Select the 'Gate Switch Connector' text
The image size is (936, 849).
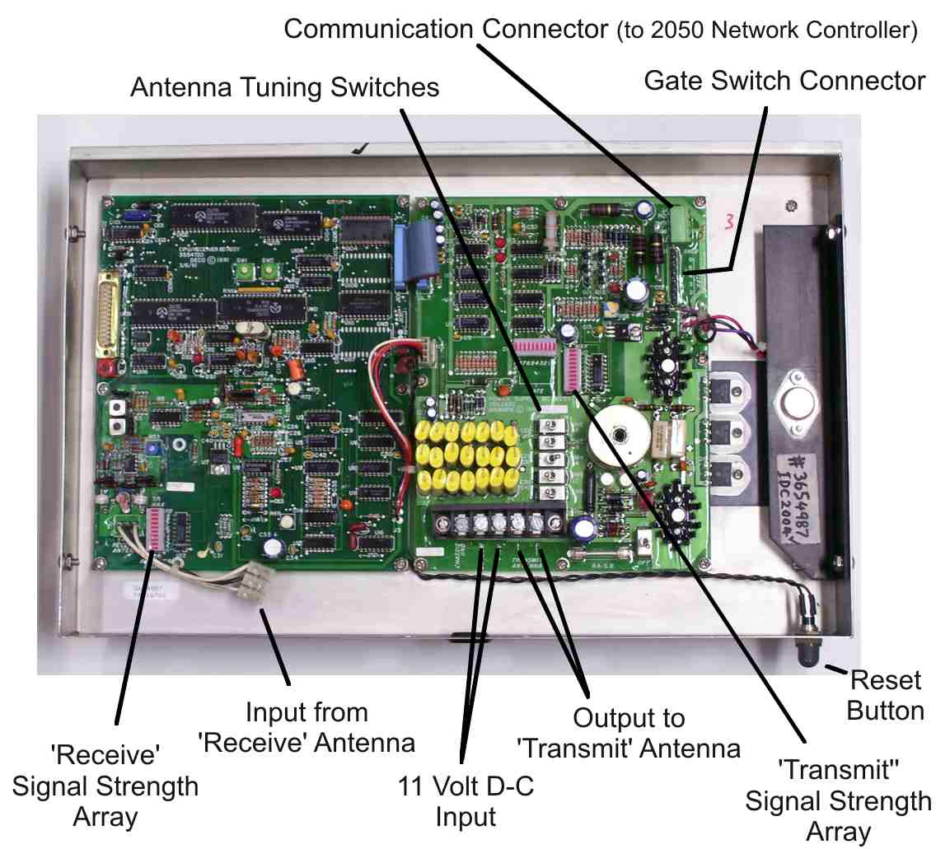[784, 80]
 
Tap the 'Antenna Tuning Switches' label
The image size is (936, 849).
[284, 86]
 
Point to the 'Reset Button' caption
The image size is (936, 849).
[885, 696]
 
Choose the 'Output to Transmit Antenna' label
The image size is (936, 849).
[629, 732]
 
